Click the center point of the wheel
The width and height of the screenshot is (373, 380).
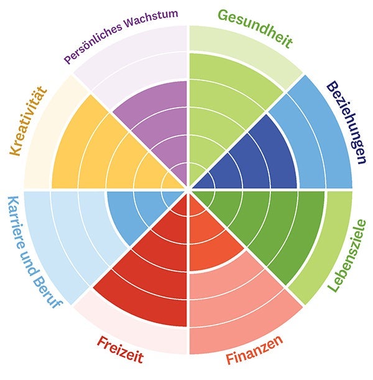[188, 189]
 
